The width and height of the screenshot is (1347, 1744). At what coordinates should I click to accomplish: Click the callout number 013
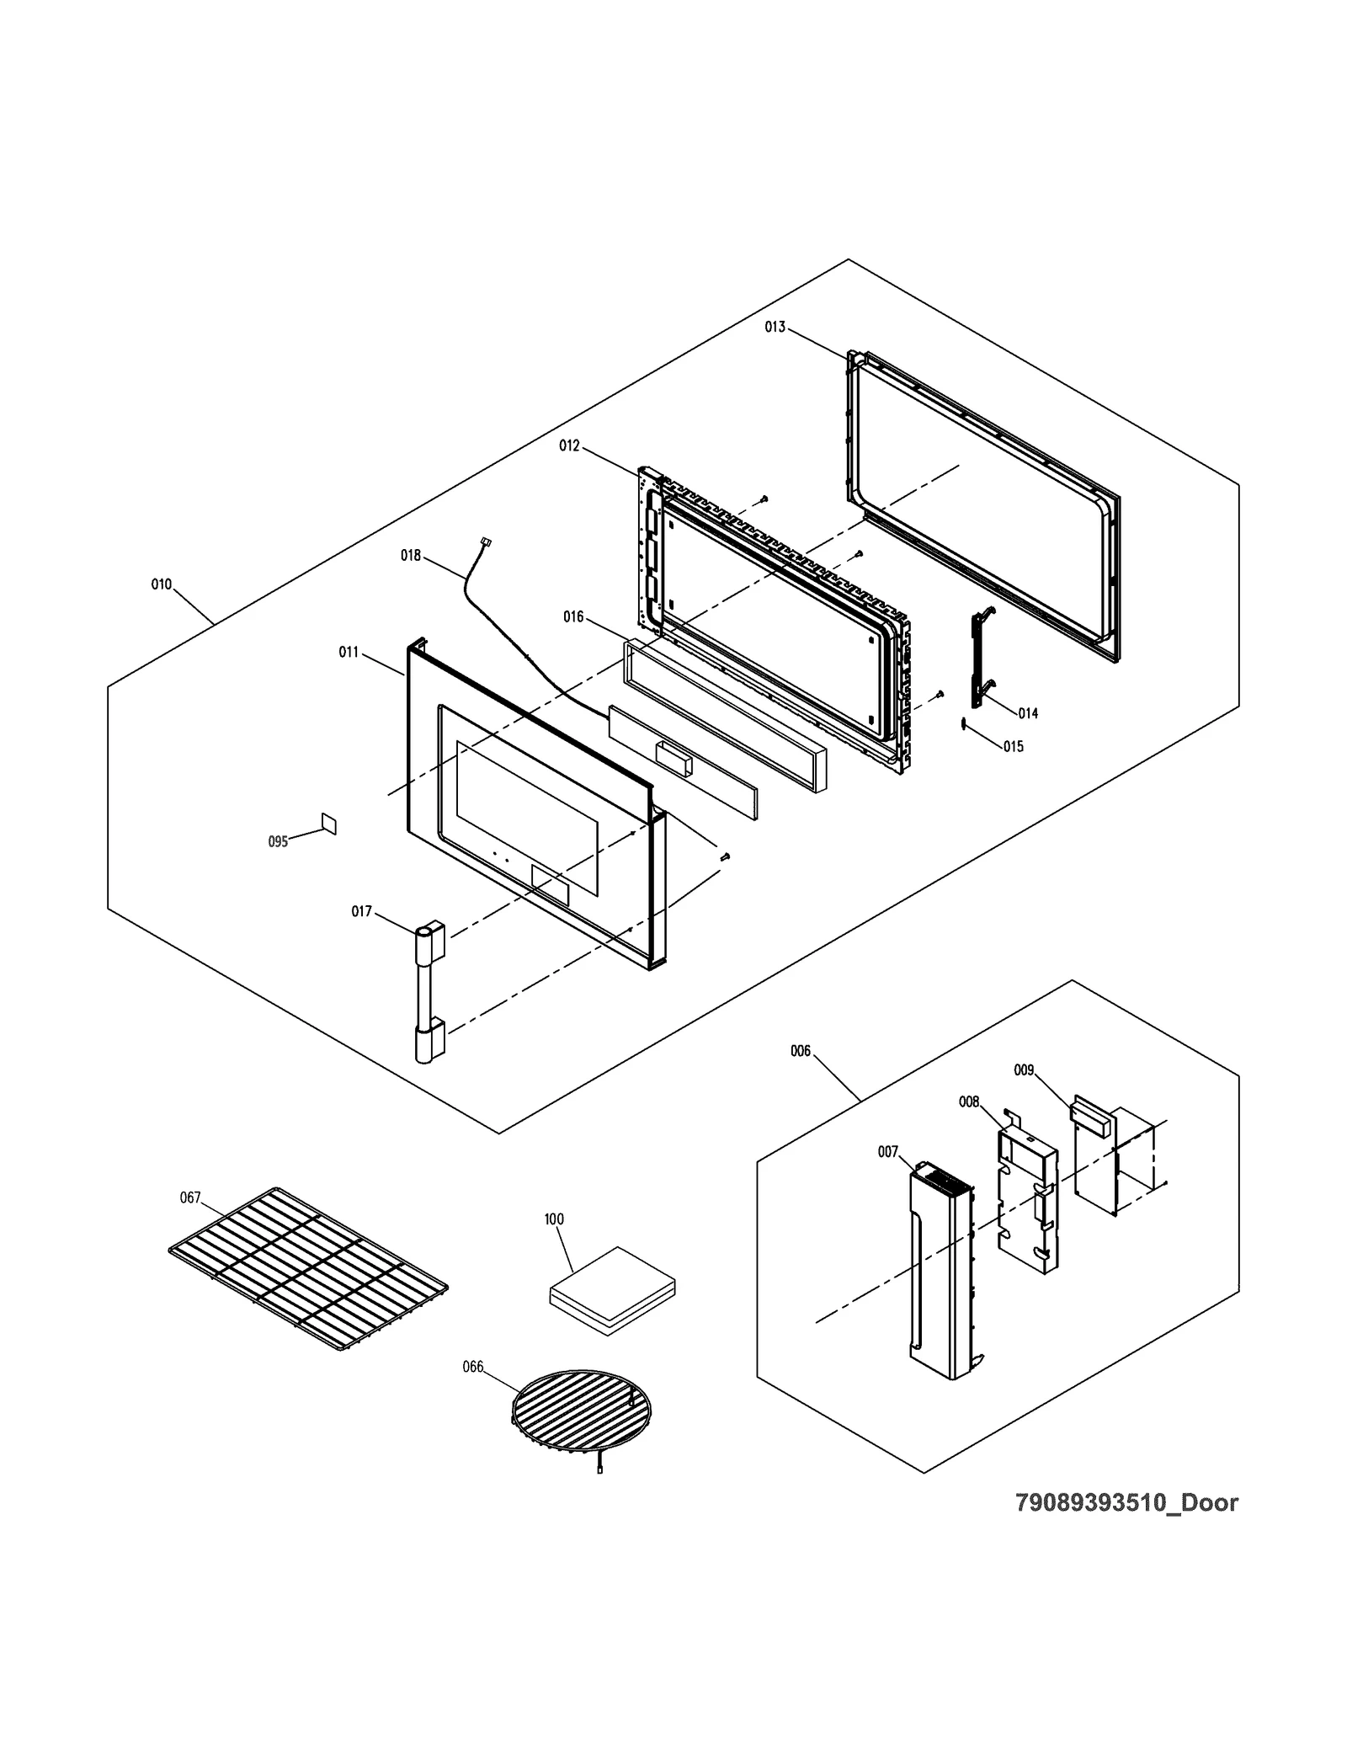tap(775, 327)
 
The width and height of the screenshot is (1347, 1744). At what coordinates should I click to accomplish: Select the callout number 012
tap(569, 445)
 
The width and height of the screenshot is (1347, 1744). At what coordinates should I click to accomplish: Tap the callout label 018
tap(410, 556)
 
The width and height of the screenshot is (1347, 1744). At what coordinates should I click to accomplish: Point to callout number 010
tap(161, 584)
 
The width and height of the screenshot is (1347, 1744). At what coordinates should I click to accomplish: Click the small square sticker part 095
tap(329, 824)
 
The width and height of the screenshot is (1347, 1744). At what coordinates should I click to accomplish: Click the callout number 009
tap(1023, 1070)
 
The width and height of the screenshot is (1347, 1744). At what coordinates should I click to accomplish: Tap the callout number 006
tap(800, 1051)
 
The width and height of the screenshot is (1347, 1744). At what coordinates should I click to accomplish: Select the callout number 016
tap(573, 617)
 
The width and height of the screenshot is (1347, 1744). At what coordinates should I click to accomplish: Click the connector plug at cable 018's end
tap(485, 543)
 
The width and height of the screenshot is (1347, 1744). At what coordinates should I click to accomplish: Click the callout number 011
tap(349, 652)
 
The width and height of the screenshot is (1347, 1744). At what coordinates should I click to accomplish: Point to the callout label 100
tap(553, 1219)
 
